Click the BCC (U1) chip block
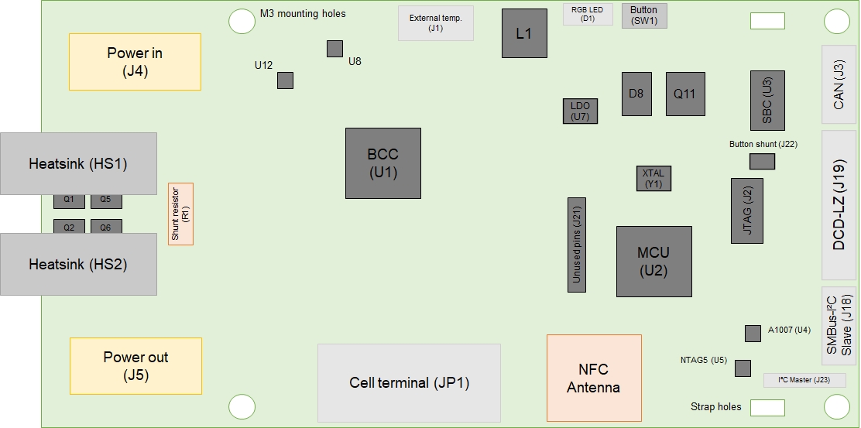point(382,163)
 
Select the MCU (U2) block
point(653,262)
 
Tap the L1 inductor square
point(524,33)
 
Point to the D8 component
point(636,94)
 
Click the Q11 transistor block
point(684,94)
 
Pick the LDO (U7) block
point(580,111)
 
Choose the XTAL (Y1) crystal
point(653,178)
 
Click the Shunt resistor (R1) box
point(180,214)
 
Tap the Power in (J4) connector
point(135,62)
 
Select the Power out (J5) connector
point(135,365)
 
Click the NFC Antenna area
point(594,378)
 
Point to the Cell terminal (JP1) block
point(409,383)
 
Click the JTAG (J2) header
point(746,211)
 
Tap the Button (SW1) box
point(643,15)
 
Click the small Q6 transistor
point(106,226)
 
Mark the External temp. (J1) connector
point(435,23)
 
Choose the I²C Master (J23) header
point(804,380)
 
